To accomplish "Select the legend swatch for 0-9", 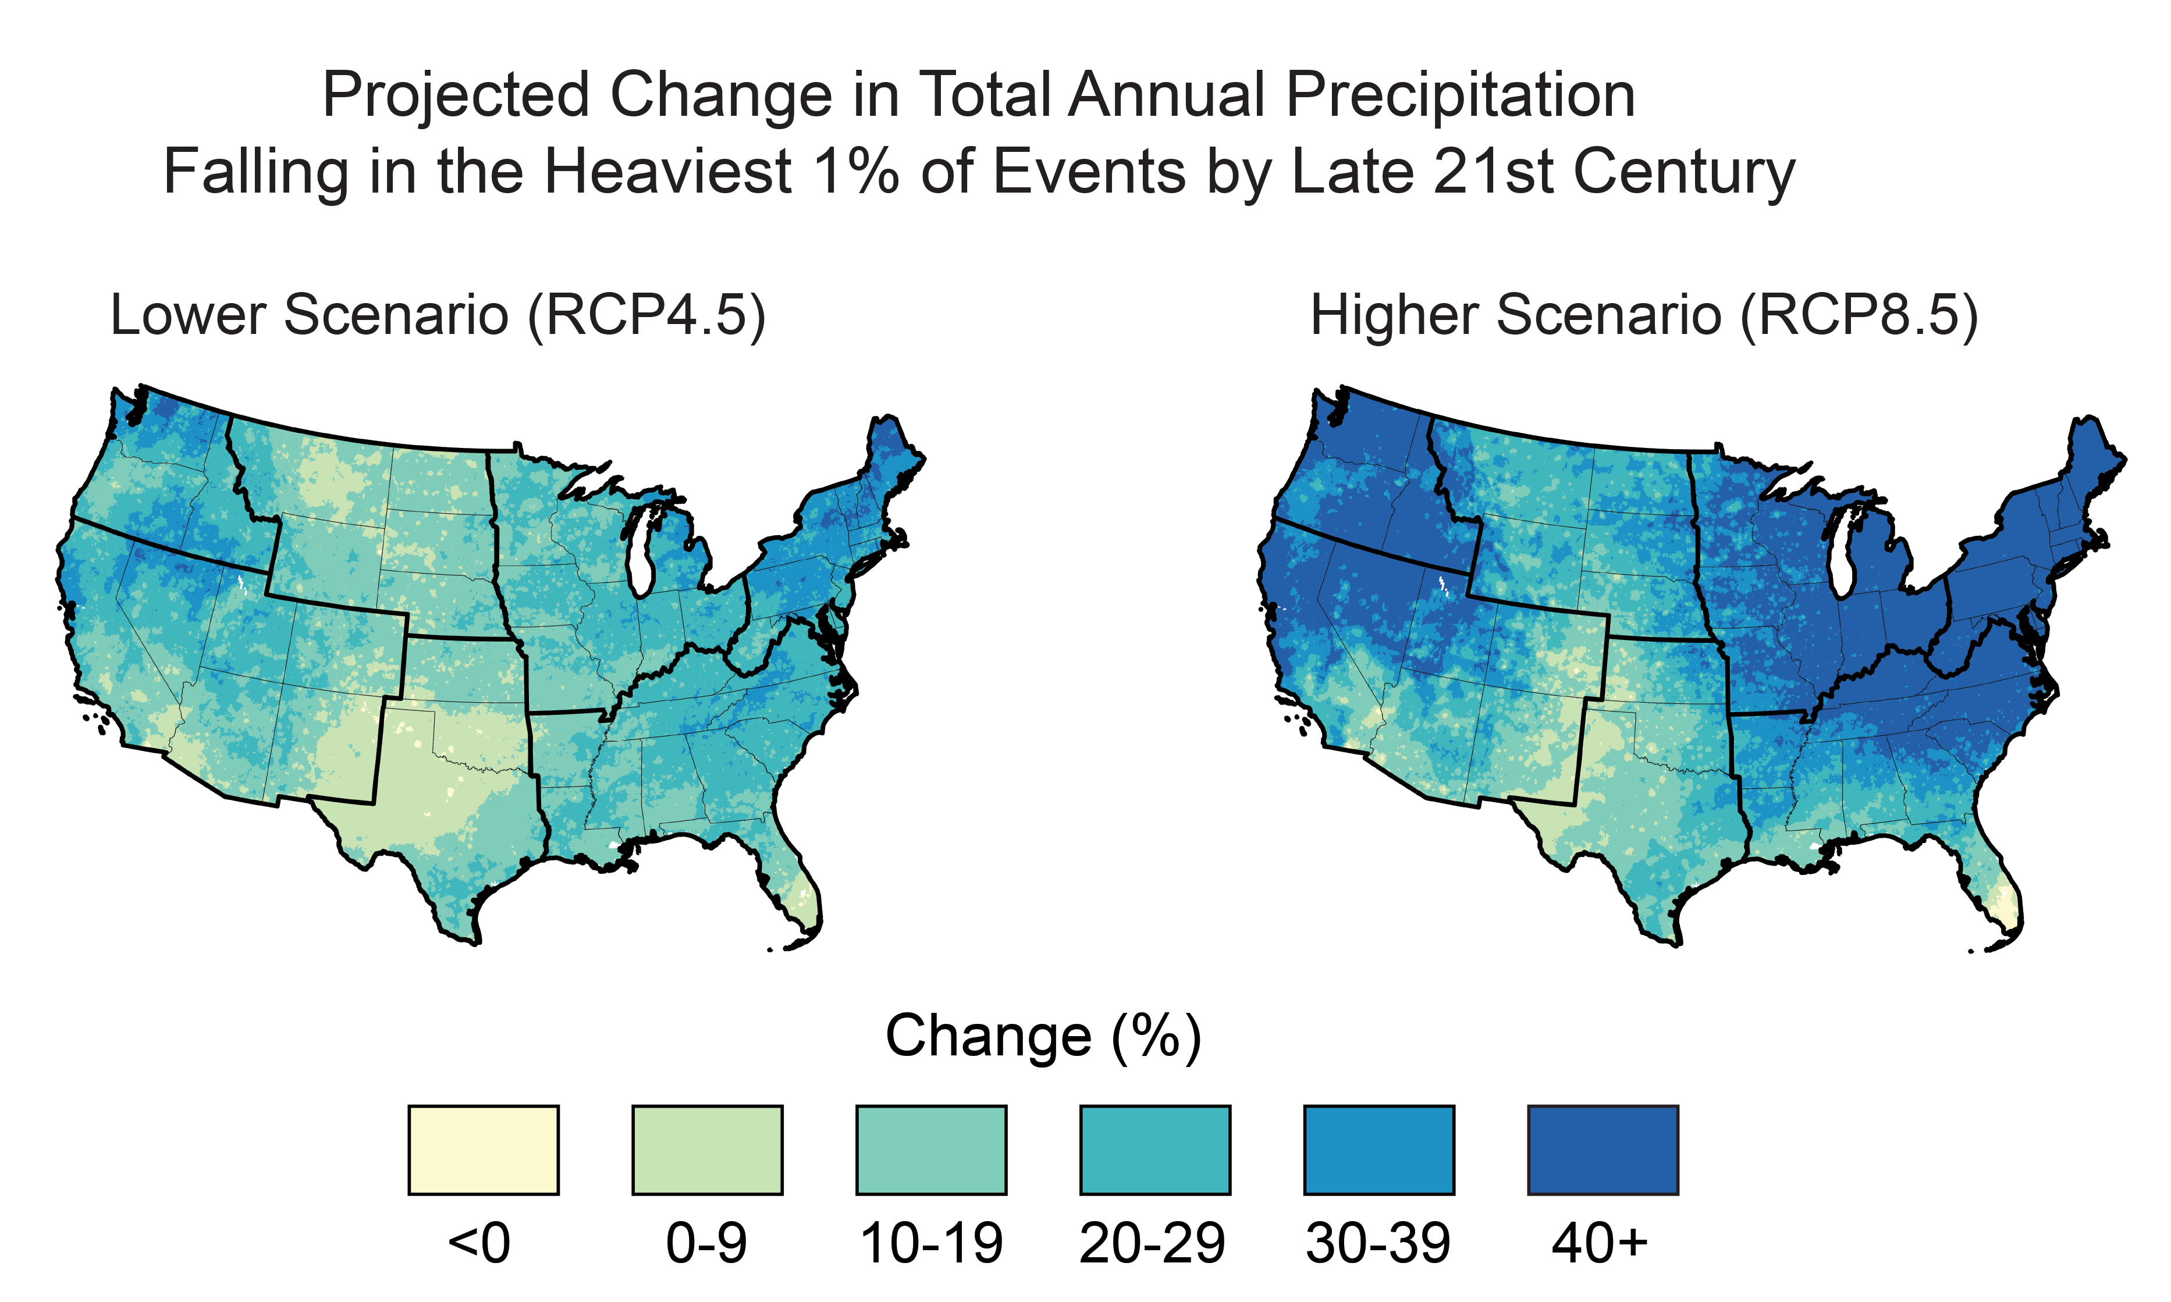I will click(x=708, y=1150).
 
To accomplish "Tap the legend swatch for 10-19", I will click(x=931, y=1150).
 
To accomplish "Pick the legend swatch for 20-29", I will click(x=1155, y=1150).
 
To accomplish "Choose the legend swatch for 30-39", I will click(x=1378, y=1150).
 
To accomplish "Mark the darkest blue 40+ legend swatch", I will click(x=1603, y=1150).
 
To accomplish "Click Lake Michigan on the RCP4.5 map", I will click(x=641, y=553).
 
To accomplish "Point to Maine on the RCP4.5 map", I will click(x=891, y=456).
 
